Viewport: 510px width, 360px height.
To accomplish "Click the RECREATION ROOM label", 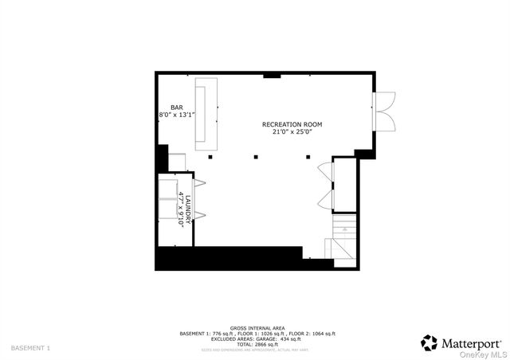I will [292, 125].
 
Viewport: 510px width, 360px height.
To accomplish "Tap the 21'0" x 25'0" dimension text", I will [292, 133].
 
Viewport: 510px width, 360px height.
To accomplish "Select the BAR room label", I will [176, 108].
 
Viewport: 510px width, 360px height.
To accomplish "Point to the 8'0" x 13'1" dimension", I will [177, 115].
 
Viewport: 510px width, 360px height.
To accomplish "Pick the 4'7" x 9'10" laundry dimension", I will [181, 209].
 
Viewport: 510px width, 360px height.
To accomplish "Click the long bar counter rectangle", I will [206, 115].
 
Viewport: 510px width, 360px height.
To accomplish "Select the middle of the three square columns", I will [256, 157].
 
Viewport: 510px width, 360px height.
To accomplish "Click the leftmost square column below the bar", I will [210, 157].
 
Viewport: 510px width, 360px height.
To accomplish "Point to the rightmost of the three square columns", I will [308, 157].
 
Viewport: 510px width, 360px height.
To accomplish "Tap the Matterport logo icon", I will [429, 342].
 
